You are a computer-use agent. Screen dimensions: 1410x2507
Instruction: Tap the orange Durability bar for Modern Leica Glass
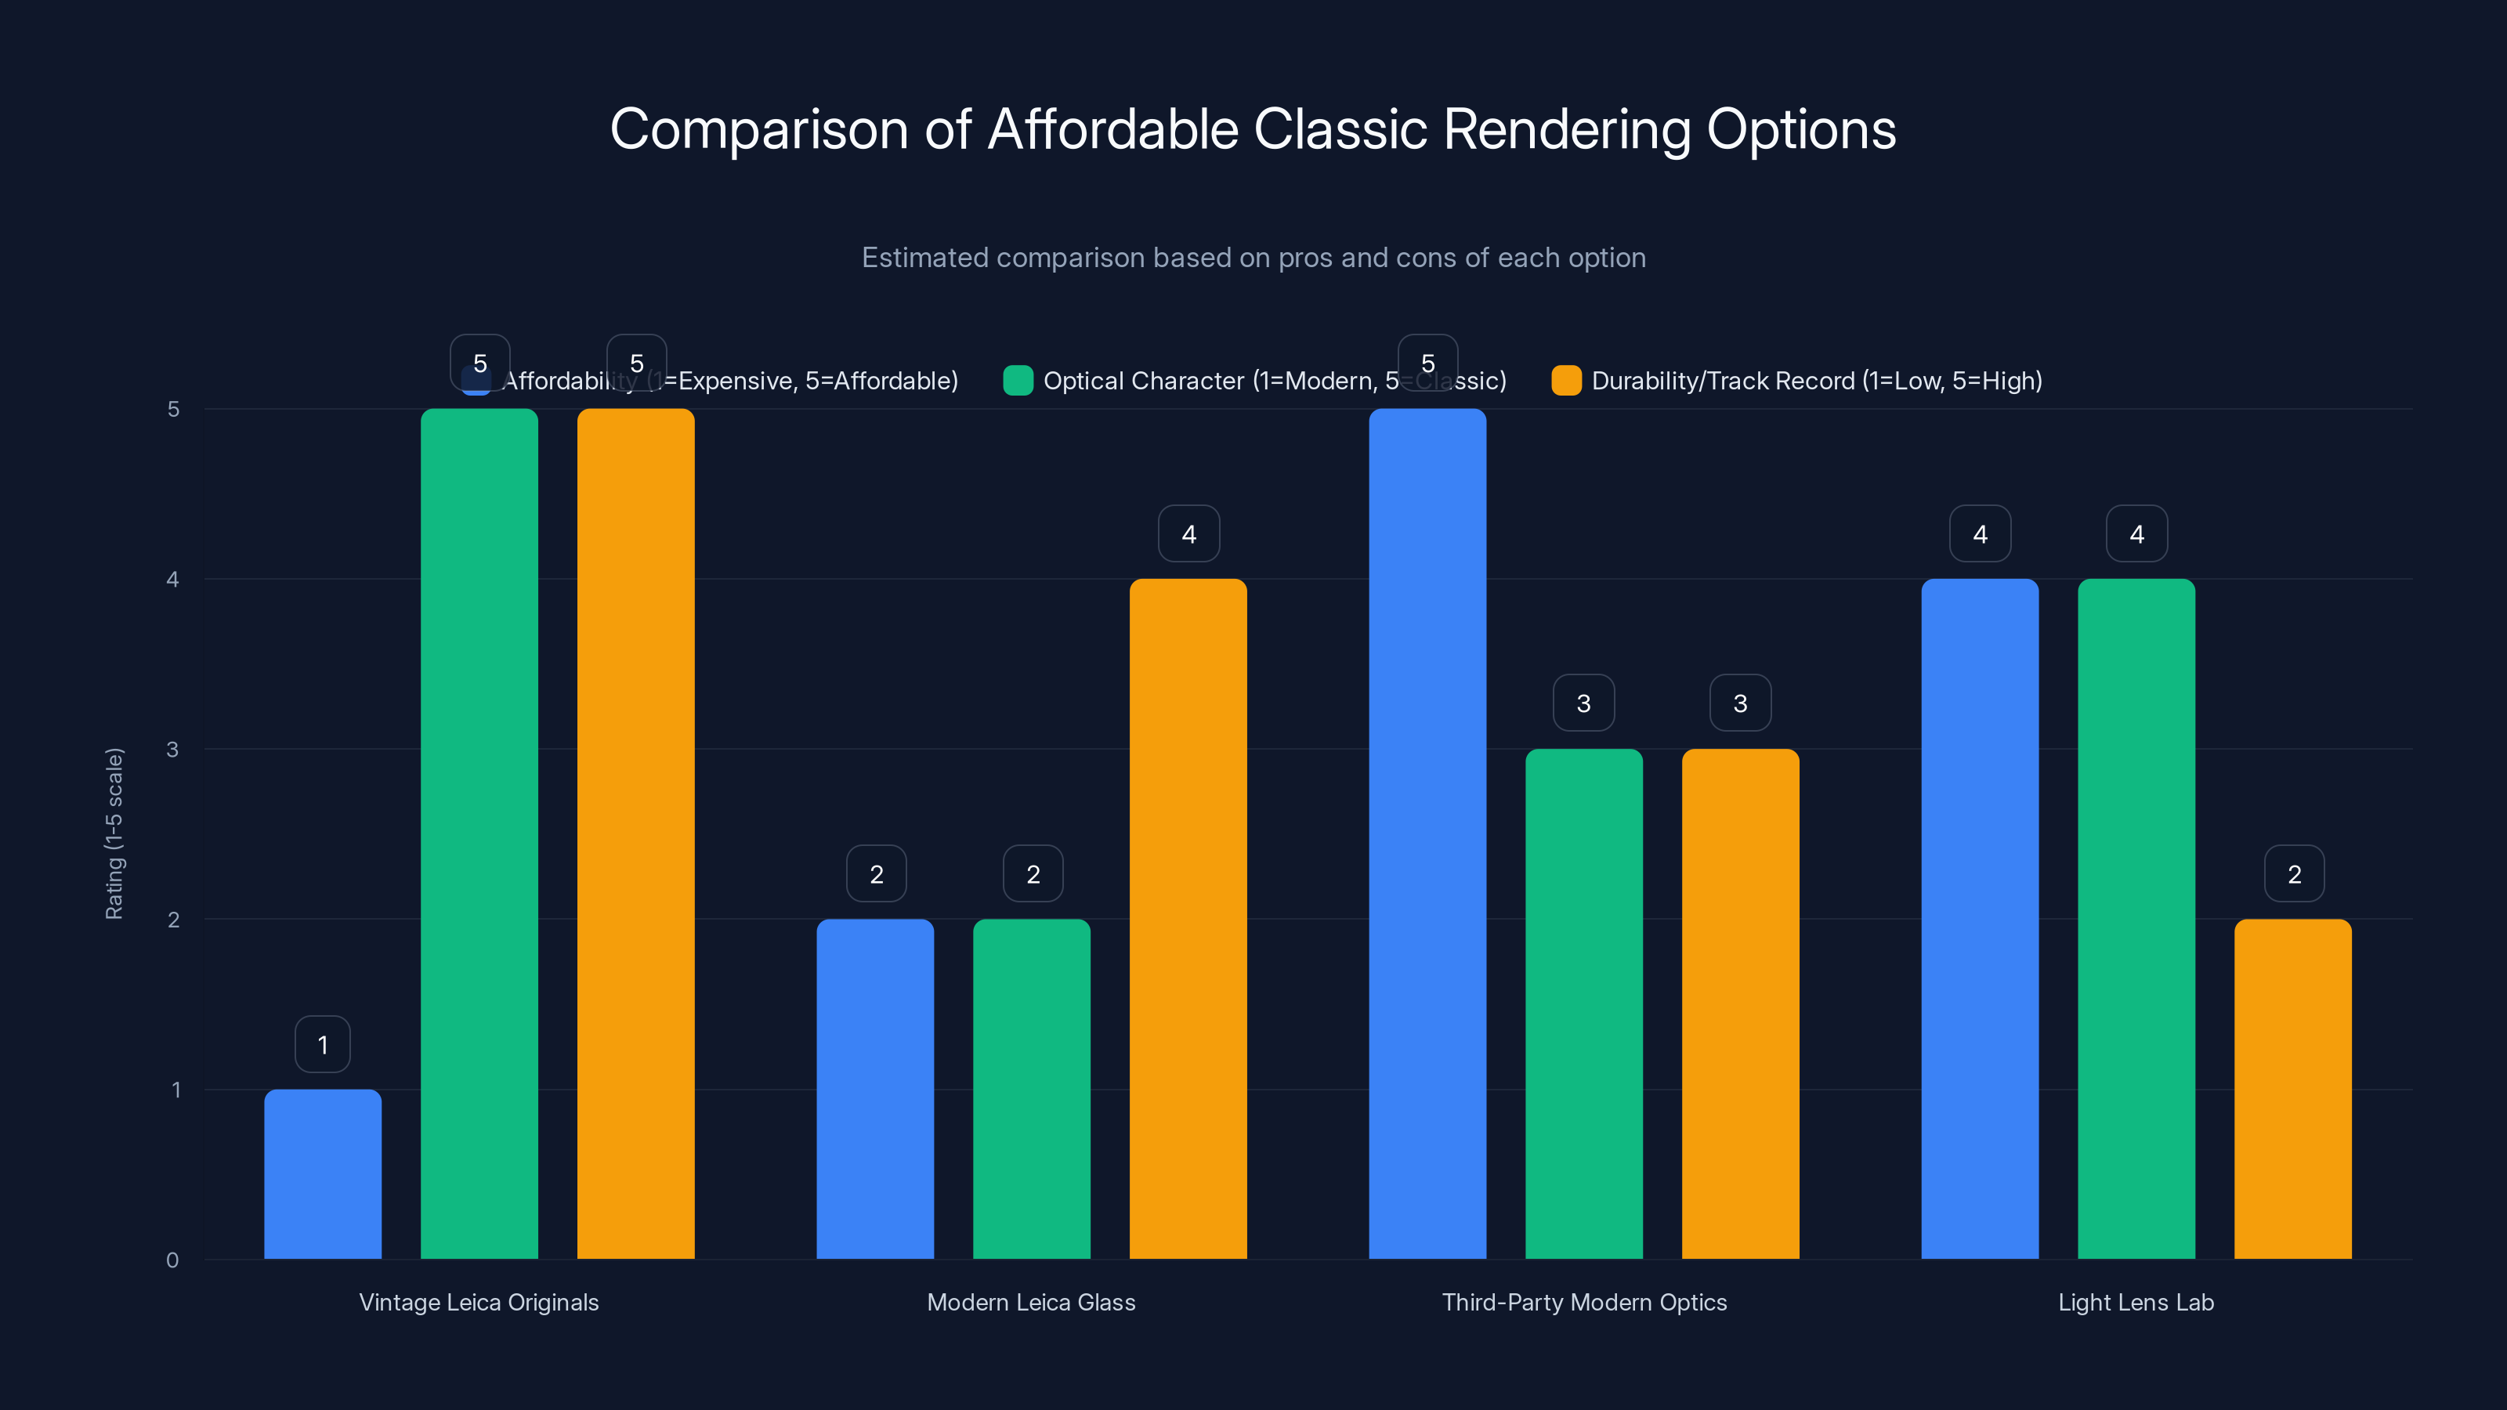[x=1188, y=919]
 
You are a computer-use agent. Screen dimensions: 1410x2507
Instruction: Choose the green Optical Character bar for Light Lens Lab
[x=2136, y=919]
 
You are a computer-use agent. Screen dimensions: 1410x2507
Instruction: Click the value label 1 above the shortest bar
[x=322, y=1044]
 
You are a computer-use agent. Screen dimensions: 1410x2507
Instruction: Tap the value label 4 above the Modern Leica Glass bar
[x=1188, y=533]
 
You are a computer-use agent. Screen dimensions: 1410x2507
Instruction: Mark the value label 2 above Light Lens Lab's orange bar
[x=2294, y=874]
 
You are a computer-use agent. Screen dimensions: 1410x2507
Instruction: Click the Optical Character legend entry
[x=1255, y=381]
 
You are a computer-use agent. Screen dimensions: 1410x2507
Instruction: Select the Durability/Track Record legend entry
[x=1796, y=381]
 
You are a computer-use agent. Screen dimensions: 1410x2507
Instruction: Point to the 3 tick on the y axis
[x=172, y=750]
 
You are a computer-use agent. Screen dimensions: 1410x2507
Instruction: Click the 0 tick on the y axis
[x=172, y=1260]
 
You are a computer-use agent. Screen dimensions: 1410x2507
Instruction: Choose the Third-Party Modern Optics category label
[x=1583, y=1302]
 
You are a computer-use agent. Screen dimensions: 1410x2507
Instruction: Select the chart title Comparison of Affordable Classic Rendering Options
[x=1253, y=128]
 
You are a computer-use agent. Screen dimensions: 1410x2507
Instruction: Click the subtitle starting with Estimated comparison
[x=1253, y=258]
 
